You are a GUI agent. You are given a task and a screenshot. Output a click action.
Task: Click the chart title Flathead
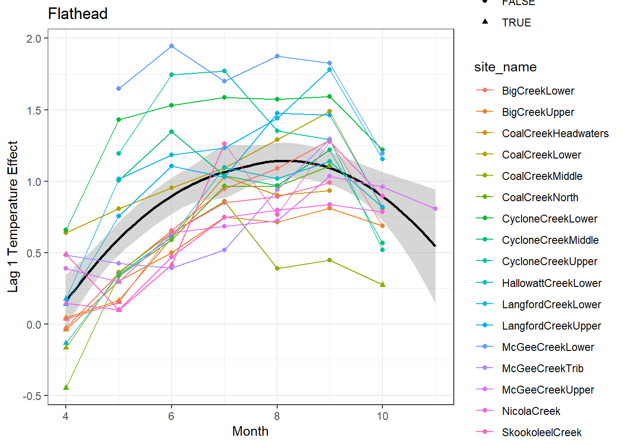pos(78,14)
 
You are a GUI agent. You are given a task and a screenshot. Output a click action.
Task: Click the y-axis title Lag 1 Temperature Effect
pos(13,216)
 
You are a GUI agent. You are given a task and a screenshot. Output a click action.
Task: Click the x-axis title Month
pos(250,431)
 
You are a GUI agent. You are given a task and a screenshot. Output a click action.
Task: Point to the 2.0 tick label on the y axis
pos(34,38)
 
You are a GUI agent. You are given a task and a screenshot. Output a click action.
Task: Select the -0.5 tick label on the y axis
pos(32,396)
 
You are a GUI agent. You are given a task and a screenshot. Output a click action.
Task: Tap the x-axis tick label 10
pos(382,416)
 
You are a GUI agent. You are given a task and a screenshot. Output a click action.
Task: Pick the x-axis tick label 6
pos(172,416)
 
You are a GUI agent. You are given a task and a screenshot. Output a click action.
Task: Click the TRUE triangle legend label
pos(516,23)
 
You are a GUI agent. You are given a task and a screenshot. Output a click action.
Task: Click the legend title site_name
pos(505,67)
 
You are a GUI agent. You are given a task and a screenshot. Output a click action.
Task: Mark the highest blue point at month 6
pos(172,46)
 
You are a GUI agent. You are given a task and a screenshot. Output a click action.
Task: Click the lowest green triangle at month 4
pos(66,387)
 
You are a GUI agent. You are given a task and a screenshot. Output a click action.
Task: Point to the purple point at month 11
pos(435,209)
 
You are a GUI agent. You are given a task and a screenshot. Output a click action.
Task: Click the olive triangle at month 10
pos(382,284)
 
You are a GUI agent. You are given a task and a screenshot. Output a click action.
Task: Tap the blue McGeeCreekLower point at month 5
pos(119,89)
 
